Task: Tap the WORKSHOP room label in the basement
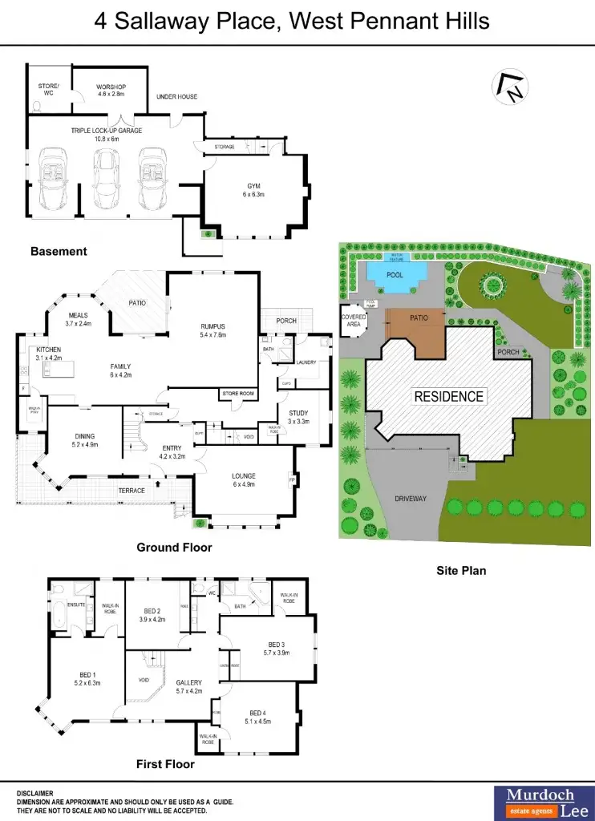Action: (x=111, y=87)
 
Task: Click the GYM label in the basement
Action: (x=253, y=186)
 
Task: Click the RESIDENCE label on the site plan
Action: (x=448, y=396)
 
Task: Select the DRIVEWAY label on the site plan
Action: (x=411, y=499)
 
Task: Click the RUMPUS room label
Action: (x=212, y=326)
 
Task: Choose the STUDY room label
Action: (x=298, y=413)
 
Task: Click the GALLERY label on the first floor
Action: (x=188, y=682)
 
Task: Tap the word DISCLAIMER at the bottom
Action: (x=35, y=793)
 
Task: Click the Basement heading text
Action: (x=59, y=252)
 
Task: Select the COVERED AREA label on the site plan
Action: (x=354, y=320)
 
